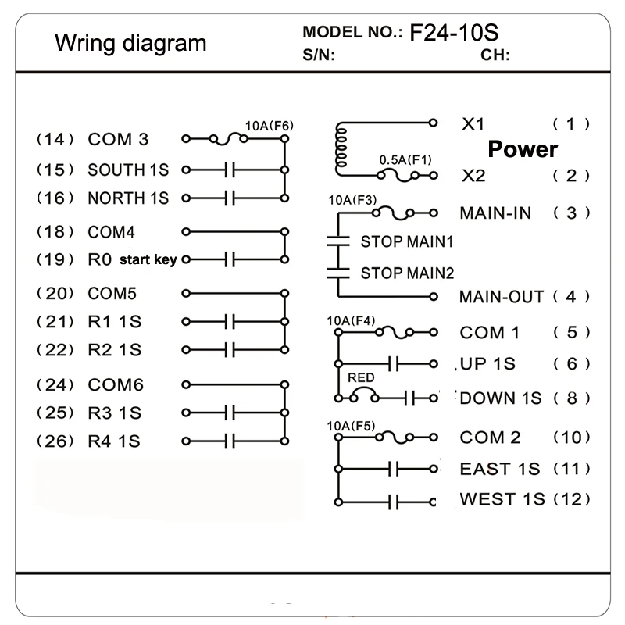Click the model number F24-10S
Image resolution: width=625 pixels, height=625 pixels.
pos(454,33)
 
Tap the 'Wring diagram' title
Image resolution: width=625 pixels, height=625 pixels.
pos(130,43)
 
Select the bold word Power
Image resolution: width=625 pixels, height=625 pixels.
pos(523,149)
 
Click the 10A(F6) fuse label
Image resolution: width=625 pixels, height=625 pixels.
pos(269,126)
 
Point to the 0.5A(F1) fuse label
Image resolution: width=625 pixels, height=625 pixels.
pos(405,160)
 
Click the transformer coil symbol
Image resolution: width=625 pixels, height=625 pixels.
pos(340,148)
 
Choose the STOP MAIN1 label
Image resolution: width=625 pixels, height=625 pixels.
pos(407,241)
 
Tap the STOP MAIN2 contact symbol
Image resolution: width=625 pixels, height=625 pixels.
pos(338,273)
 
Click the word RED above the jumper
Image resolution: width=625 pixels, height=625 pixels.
pos(361,377)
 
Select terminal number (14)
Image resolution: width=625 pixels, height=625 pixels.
pos(55,140)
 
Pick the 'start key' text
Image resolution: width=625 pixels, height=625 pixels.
pos(148,259)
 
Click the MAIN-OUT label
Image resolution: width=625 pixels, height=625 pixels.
pos(502,297)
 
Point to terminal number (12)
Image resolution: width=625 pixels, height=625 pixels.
pos(572,499)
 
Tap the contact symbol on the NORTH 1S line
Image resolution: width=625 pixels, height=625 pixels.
pos(230,198)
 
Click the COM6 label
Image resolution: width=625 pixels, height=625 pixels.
pos(116,385)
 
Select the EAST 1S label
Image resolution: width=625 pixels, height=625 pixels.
pos(500,469)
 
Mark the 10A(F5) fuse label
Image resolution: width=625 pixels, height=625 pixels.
pos(351,426)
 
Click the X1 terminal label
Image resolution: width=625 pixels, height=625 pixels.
pos(473,124)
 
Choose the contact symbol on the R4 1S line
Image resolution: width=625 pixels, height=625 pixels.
pos(230,441)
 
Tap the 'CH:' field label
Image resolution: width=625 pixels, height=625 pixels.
pos(495,55)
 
